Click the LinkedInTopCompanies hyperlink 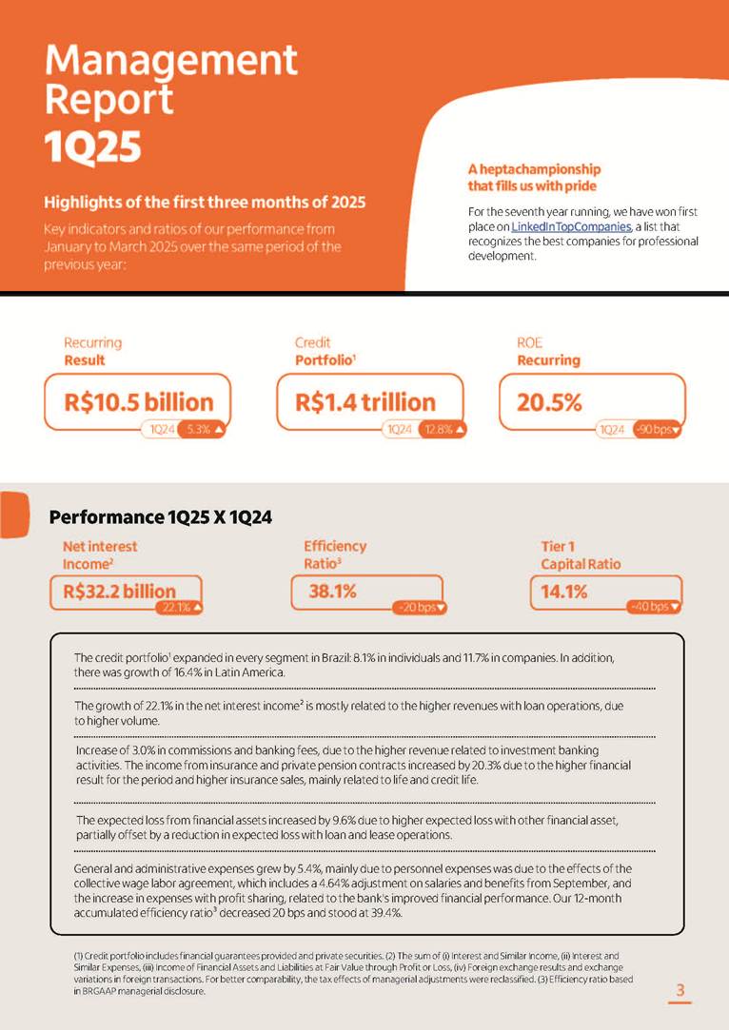coord(571,226)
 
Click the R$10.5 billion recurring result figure coord(139,402)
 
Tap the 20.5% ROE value coord(549,402)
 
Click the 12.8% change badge coord(444,430)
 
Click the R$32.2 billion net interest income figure coord(120,591)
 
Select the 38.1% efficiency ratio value coord(333,591)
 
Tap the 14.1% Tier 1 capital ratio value coord(563,591)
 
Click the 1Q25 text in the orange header coord(93,146)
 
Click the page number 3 coord(680,991)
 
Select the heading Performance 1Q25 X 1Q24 coord(161,517)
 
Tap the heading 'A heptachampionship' coord(534,168)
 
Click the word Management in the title coord(171,62)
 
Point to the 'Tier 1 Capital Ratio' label coord(581,555)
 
